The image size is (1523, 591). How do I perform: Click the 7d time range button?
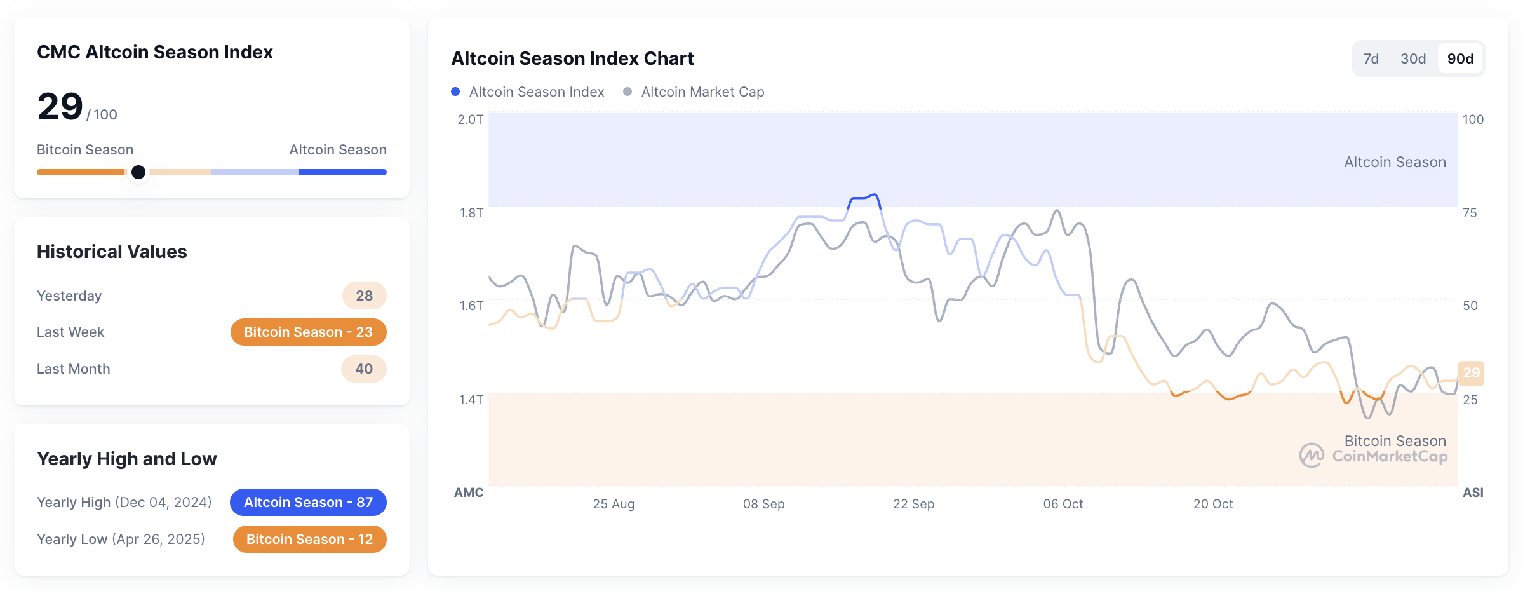(1371, 58)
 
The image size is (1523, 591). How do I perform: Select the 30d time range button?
(1412, 58)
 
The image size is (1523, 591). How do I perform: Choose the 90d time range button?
(1460, 58)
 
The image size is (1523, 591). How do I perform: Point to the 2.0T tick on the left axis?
(471, 119)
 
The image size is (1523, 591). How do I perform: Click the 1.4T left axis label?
(471, 399)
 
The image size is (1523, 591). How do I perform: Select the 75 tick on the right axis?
(1469, 213)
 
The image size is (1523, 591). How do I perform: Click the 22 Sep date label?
(913, 504)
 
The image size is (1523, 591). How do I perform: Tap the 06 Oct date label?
(1063, 504)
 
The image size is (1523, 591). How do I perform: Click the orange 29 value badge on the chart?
(1471, 373)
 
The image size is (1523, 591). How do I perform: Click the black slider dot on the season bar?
(138, 172)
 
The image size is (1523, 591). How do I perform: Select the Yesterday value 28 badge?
(364, 295)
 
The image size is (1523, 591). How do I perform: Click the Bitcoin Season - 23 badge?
(308, 332)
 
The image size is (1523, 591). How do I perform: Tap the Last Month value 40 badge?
(363, 369)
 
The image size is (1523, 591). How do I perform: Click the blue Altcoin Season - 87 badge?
(308, 503)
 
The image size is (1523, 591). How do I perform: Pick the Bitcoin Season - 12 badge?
(309, 540)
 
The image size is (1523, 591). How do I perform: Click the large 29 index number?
(60, 106)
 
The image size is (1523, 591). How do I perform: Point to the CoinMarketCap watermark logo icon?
(1311, 455)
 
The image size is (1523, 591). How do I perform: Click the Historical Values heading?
(112, 252)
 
